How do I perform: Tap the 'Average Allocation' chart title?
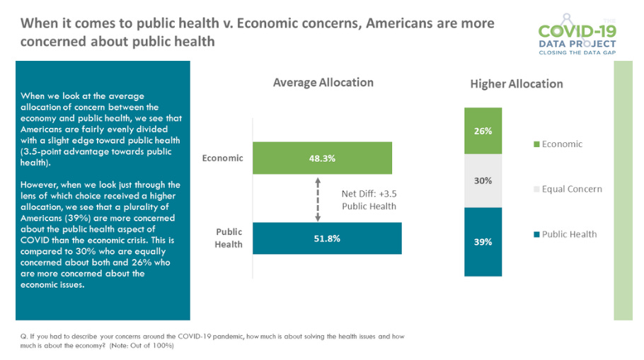point(323,83)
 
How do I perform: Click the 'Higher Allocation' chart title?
point(516,84)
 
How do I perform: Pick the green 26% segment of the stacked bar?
point(483,131)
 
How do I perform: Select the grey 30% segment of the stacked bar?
point(483,180)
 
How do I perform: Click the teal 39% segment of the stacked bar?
point(483,242)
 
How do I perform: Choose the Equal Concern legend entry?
point(567,189)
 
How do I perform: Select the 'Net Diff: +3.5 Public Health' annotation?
point(368,199)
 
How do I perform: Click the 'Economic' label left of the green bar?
point(222,158)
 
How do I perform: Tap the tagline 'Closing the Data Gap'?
point(577,52)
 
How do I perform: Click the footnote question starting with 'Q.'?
point(212,340)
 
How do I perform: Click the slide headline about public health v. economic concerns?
point(258,32)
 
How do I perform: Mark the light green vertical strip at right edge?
point(622,191)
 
